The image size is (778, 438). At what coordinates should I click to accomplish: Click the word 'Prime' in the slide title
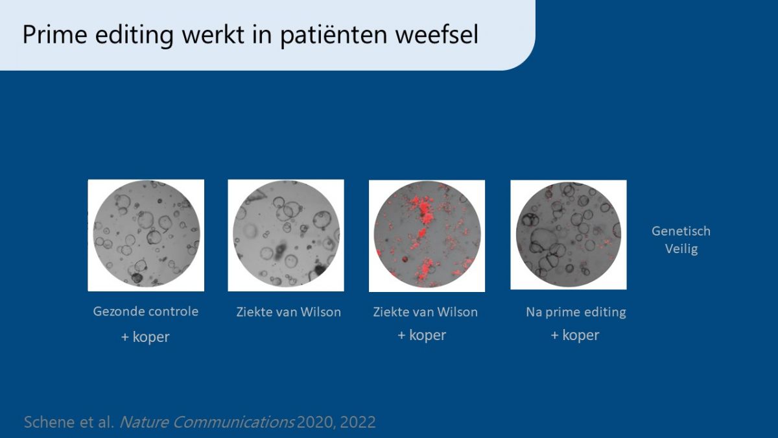coord(55,34)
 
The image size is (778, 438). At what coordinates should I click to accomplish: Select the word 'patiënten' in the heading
coord(333,35)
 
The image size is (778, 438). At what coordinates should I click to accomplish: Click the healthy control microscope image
coord(146,236)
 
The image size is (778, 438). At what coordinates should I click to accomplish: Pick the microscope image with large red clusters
coord(427,236)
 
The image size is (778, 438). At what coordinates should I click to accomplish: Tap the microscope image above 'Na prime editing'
coord(569,235)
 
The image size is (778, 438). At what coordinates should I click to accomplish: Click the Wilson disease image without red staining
coord(286,236)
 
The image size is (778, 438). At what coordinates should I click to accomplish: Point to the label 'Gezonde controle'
coord(145,311)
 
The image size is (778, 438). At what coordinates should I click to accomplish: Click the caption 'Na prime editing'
coord(576,312)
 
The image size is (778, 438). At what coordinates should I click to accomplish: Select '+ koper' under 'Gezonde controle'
coord(145,337)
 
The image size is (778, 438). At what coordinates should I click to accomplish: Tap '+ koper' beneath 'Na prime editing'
coord(575,335)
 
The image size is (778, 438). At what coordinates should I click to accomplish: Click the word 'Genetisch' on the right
coord(681,231)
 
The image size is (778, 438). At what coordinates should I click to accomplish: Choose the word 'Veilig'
coord(681,249)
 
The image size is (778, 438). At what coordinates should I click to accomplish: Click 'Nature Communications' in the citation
coord(207,422)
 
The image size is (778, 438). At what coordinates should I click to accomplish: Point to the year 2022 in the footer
coord(358,422)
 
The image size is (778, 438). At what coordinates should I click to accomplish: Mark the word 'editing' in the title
coord(134,36)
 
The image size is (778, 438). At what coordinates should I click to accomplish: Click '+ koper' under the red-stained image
coord(421,335)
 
